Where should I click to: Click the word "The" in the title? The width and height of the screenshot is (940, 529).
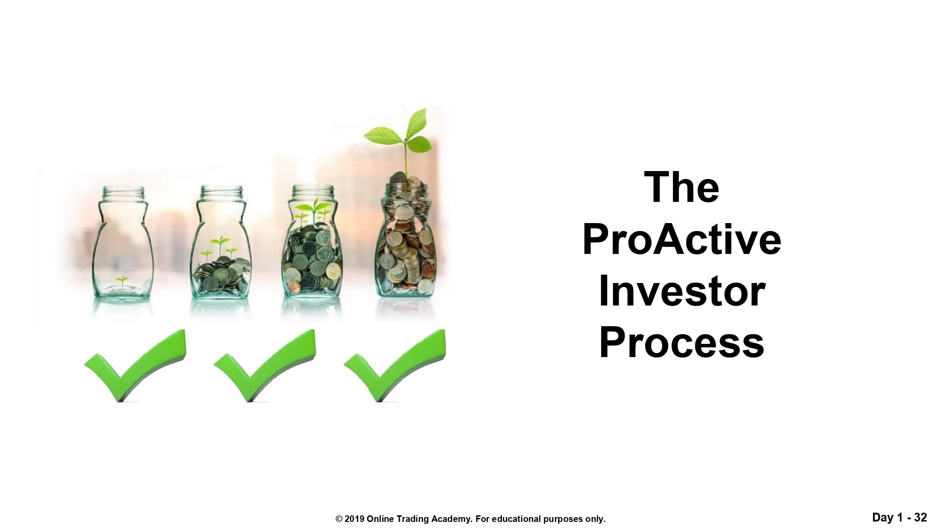(x=681, y=188)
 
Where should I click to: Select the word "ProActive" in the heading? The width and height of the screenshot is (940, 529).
(x=682, y=240)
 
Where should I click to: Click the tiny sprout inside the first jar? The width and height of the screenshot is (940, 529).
(x=123, y=280)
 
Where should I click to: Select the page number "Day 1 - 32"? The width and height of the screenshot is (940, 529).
(x=899, y=517)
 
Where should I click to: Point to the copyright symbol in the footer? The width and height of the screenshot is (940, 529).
(x=339, y=519)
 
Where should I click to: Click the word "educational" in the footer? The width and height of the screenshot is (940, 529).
(x=516, y=519)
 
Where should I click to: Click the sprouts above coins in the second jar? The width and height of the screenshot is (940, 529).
(x=219, y=248)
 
